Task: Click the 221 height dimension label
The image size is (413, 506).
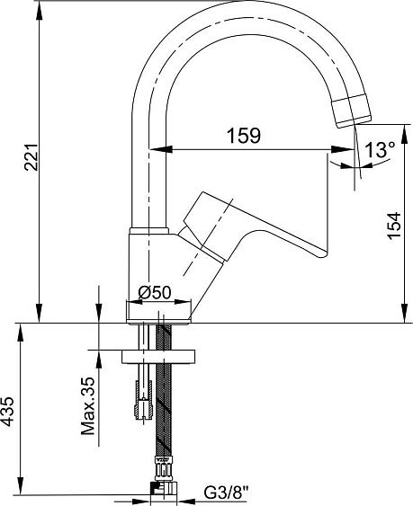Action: [31, 157]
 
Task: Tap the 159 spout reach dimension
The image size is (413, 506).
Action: [244, 136]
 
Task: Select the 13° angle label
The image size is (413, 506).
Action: [380, 149]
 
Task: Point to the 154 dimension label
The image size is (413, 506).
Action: [394, 226]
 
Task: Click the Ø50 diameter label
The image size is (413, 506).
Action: [155, 293]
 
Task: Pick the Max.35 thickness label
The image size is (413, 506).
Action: [88, 406]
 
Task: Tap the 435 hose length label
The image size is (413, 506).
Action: [7, 412]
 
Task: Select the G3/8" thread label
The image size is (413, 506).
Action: [227, 493]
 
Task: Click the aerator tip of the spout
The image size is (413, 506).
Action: [352, 111]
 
